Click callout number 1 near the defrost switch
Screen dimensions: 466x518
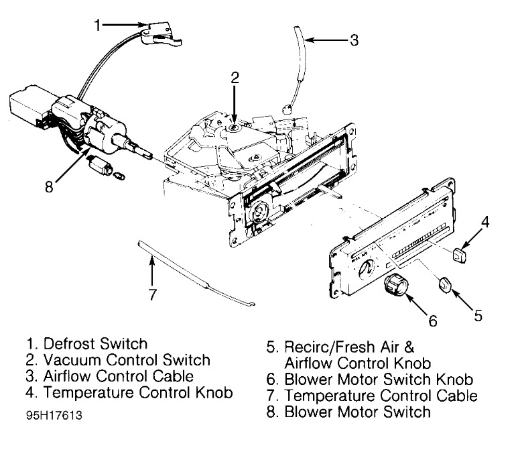[x=97, y=25]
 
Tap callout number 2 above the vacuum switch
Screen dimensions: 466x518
[x=234, y=77]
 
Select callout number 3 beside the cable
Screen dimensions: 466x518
[x=353, y=40]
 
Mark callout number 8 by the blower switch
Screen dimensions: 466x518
[x=48, y=186]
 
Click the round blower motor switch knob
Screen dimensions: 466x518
[x=393, y=287]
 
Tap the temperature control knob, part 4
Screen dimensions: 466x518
[x=459, y=255]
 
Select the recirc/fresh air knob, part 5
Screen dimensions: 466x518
[x=446, y=286]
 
